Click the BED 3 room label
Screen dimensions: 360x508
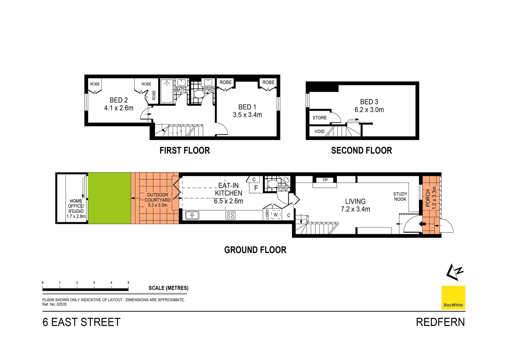point(369,102)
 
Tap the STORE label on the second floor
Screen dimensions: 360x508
point(319,118)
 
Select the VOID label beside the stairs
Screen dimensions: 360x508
point(319,131)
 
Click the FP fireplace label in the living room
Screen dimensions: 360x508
point(325,180)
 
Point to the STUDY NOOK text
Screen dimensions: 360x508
point(400,197)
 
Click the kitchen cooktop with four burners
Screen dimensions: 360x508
point(230,215)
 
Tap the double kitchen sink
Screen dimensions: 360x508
point(192,215)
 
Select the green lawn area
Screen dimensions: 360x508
point(109,198)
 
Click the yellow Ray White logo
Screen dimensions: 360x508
point(453,298)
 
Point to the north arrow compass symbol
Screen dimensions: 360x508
point(454,272)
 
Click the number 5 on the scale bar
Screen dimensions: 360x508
point(128,283)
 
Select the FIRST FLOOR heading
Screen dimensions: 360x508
point(185,151)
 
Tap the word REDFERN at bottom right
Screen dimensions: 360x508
point(440,322)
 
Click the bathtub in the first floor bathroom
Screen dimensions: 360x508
point(167,91)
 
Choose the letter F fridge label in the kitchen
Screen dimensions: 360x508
point(256,188)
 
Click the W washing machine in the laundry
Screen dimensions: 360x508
point(276,215)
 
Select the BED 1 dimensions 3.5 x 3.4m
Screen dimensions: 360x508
point(247,115)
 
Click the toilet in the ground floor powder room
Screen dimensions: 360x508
point(273,183)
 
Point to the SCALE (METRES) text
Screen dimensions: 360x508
point(168,288)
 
